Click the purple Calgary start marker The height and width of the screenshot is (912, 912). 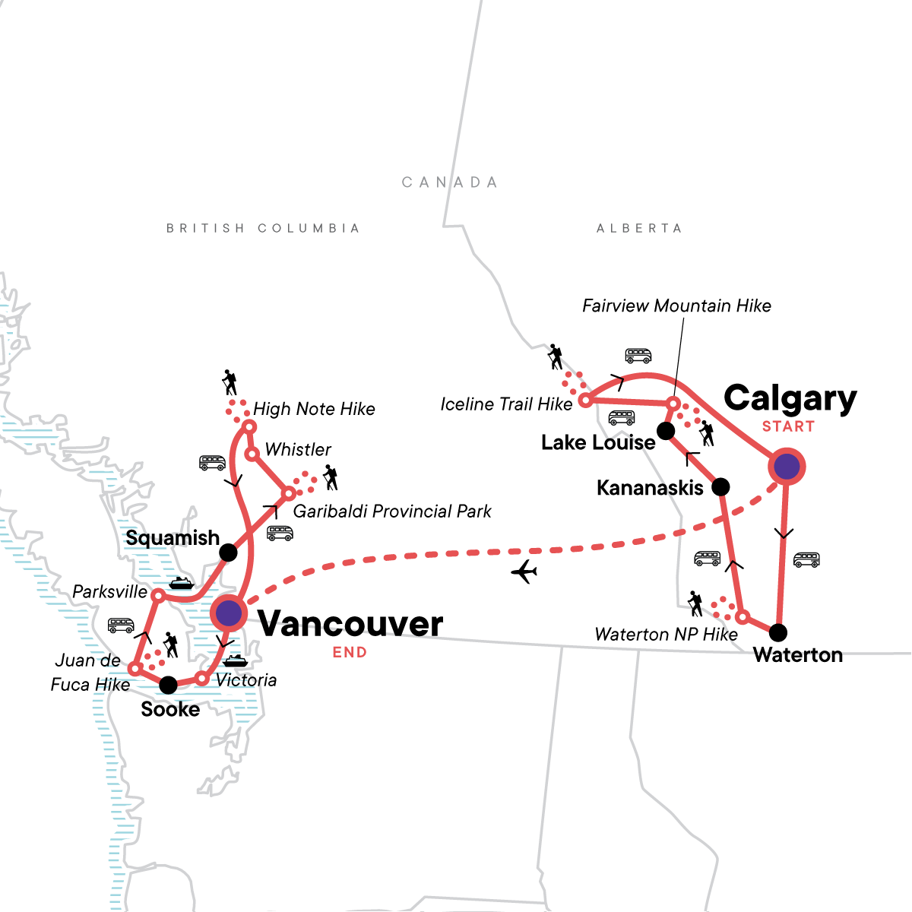[x=786, y=467]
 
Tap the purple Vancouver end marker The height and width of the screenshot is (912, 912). [x=229, y=612]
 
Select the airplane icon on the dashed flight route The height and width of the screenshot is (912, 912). [x=524, y=572]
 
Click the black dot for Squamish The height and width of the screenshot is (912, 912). [x=228, y=553]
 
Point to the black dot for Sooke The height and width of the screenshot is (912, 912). [x=168, y=685]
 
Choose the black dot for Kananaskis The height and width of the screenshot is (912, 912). [x=720, y=486]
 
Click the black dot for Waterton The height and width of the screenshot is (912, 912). [x=778, y=632]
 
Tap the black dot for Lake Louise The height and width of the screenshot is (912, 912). [x=666, y=432]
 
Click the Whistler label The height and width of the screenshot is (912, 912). [x=298, y=450]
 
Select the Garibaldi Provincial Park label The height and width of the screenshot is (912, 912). [x=392, y=511]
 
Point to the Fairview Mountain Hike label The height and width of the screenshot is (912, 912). [x=676, y=306]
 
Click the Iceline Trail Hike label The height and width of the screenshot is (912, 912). [x=506, y=404]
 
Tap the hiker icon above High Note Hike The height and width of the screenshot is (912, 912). [x=230, y=382]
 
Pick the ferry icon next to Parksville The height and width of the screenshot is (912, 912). [x=181, y=584]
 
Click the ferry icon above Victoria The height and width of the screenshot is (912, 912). [x=235, y=660]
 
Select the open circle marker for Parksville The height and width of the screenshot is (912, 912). [x=157, y=595]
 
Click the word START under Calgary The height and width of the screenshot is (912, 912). [x=788, y=427]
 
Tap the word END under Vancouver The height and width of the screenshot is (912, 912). [x=350, y=653]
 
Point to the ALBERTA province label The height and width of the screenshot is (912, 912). [x=639, y=228]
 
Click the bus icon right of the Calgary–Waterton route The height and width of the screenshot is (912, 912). [x=806, y=560]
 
